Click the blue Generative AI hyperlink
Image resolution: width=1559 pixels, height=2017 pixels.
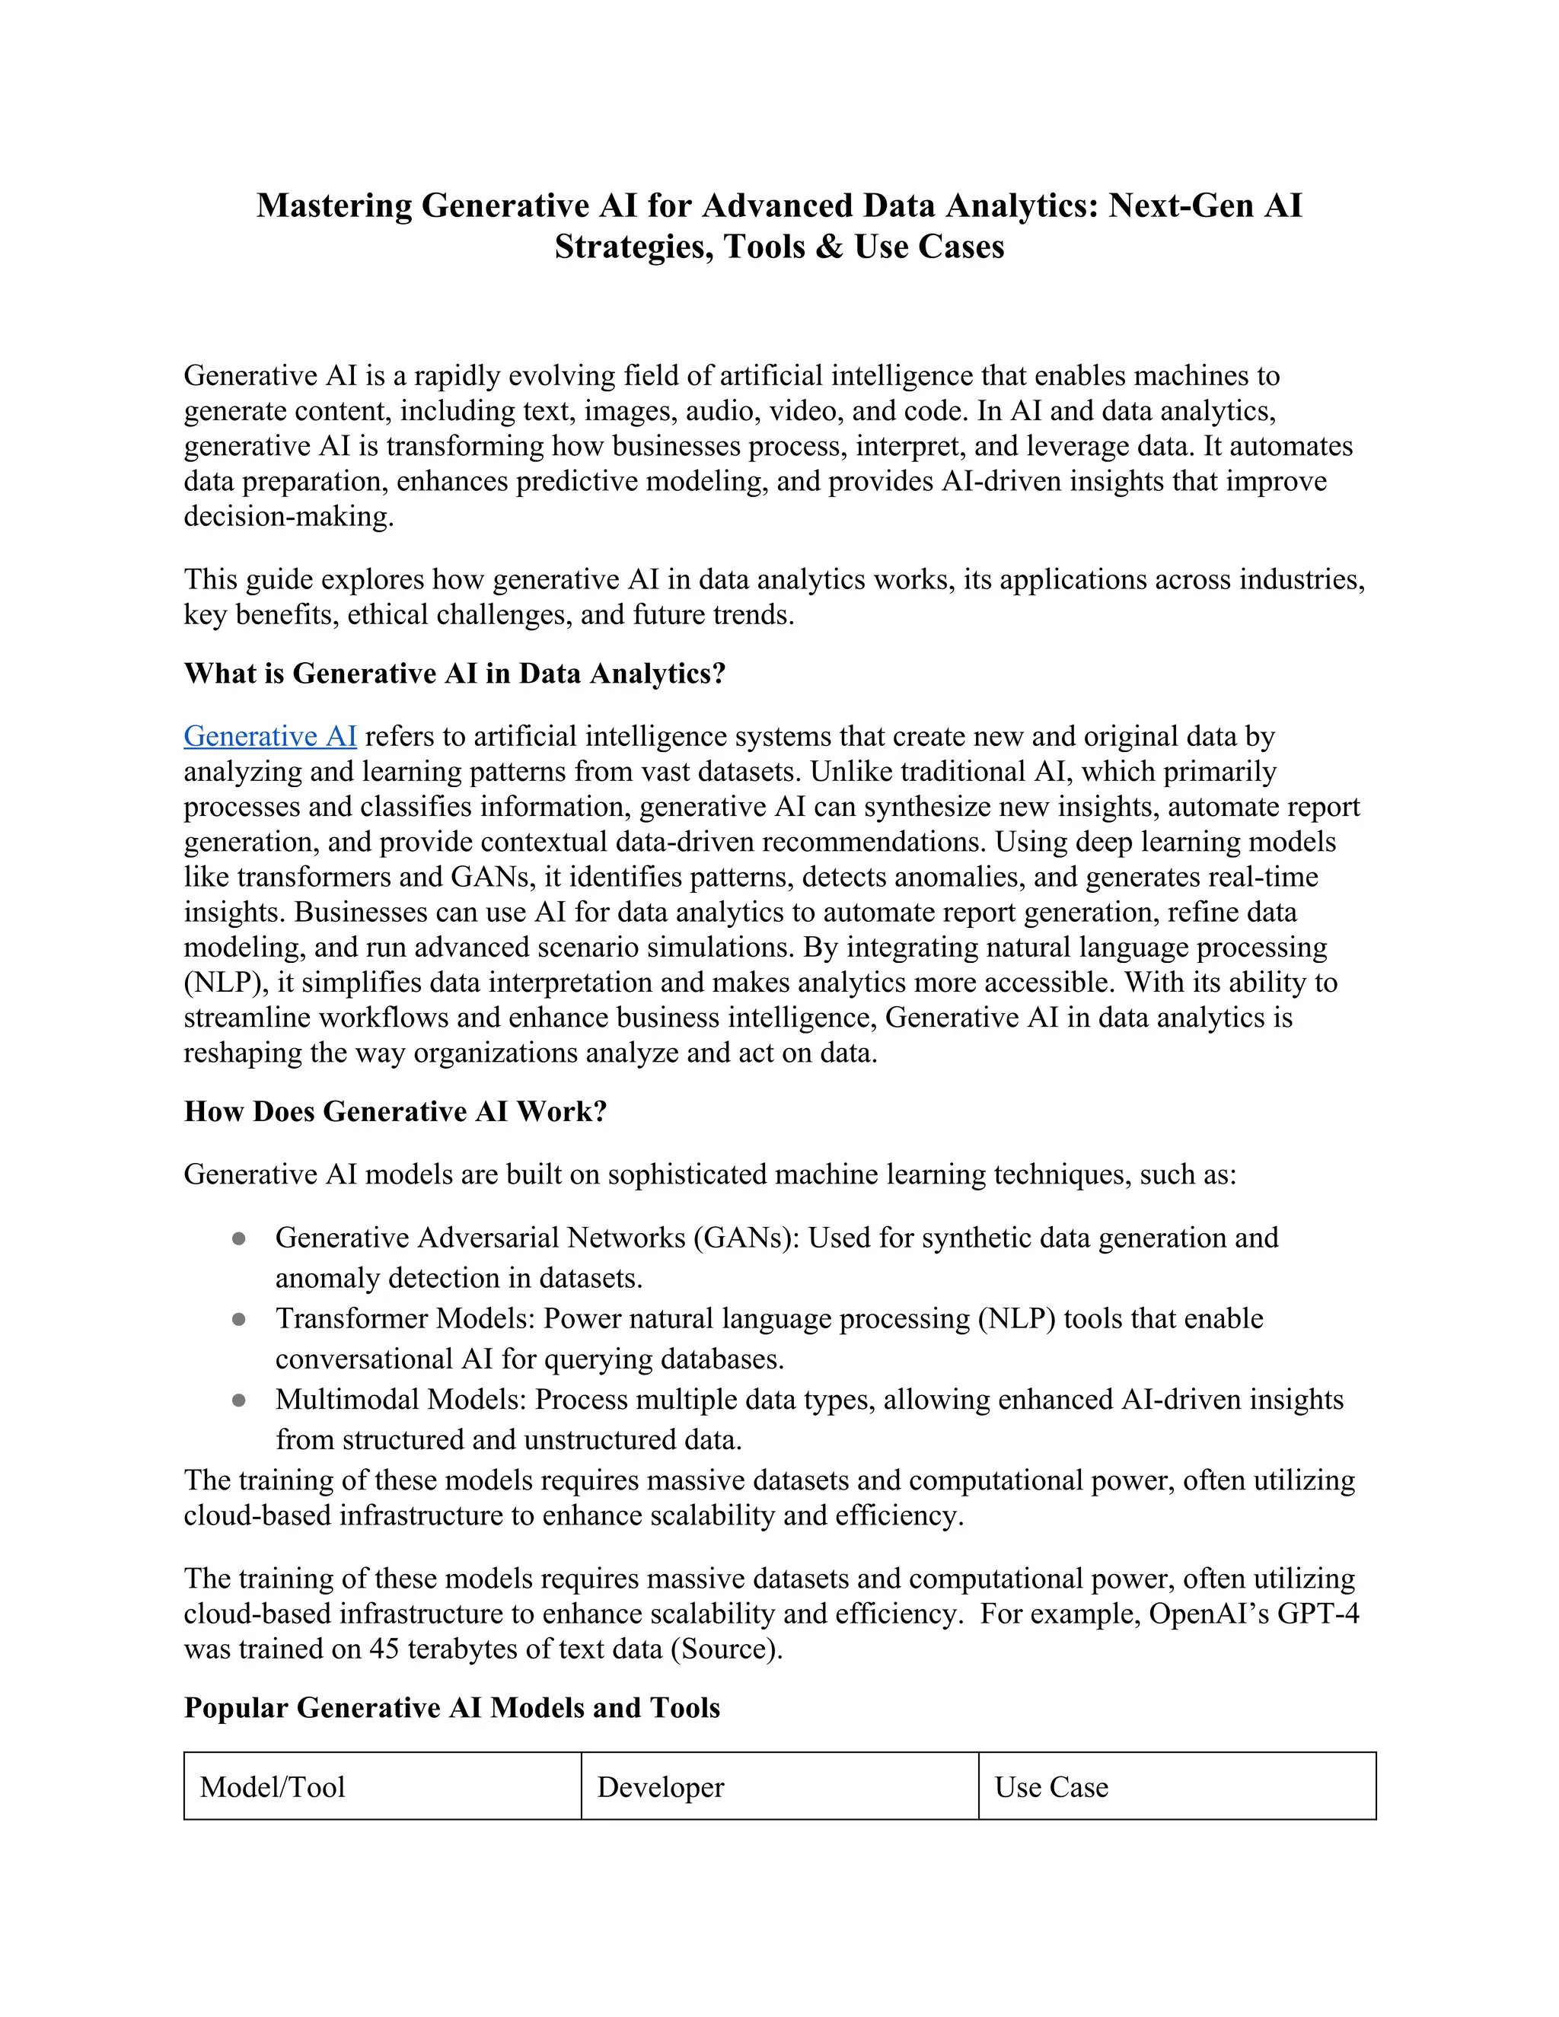[x=269, y=736]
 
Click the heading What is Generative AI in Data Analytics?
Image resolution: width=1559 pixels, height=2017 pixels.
[x=454, y=674]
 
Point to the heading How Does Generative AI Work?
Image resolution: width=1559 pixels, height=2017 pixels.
[x=395, y=1111]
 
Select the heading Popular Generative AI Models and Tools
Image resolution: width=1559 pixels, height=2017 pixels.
[x=451, y=1708]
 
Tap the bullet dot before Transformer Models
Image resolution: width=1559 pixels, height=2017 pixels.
[x=239, y=1319]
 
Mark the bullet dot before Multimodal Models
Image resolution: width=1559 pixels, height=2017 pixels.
[x=239, y=1400]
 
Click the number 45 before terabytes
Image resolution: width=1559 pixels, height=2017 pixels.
[x=384, y=1649]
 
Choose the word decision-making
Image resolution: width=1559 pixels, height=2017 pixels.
[x=289, y=516]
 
